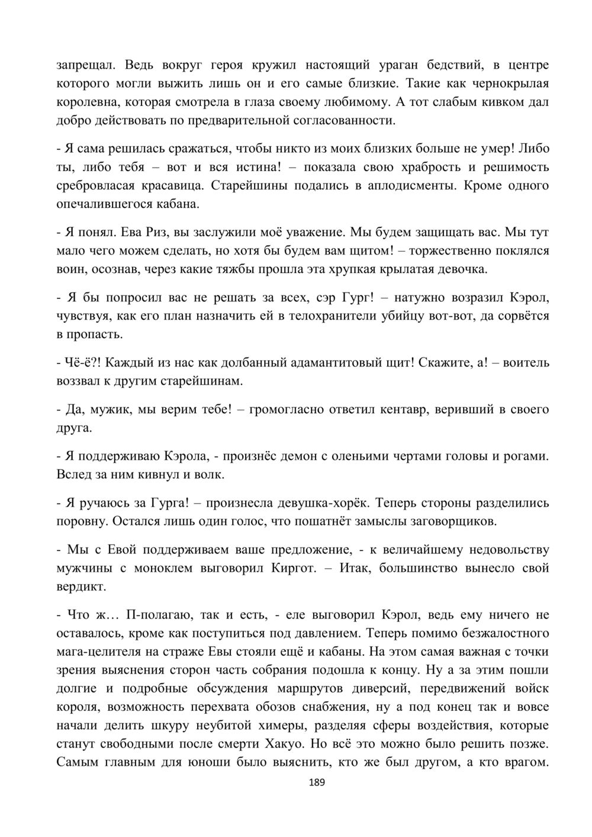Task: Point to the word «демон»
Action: click(297, 455)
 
